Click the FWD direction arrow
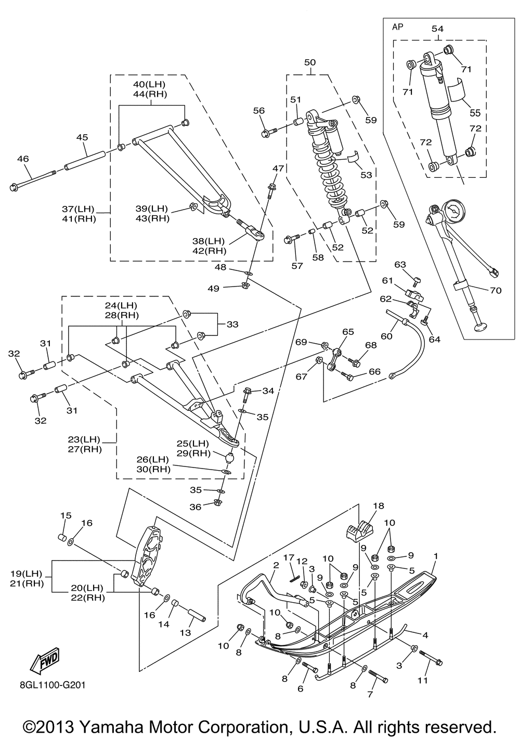[x=45, y=659]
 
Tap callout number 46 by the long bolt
[x=23, y=159]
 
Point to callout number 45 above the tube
[x=82, y=137]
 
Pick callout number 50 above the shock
[x=310, y=62]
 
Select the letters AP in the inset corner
[x=398, y=26]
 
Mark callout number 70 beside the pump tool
[x=496, y=290]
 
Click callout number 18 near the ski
[x=378, y=506]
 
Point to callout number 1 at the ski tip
[x=436, y=556]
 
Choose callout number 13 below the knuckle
[x=186, y=633]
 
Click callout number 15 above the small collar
[x=66, y=515]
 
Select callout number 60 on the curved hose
[x=386, y=336]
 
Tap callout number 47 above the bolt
[x=278, y=168]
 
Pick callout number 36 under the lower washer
[x=195, y=507]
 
